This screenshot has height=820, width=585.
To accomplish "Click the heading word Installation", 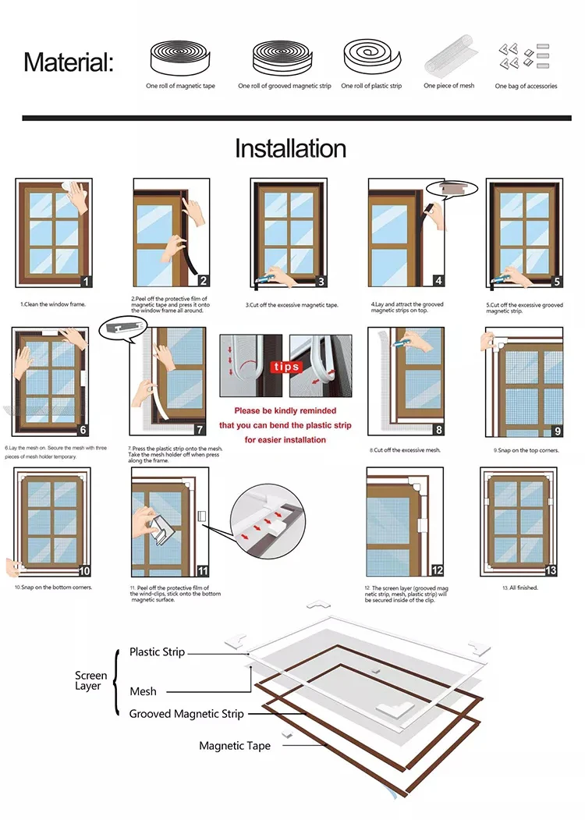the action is (290, 148).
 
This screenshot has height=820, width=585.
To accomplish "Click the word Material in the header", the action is (68, 62).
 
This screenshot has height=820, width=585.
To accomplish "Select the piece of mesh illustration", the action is (449, 55).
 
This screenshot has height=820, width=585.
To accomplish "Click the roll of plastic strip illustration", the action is (371, 56).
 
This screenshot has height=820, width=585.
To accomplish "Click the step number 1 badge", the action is (87, 282).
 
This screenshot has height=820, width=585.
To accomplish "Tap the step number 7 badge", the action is (200, 429).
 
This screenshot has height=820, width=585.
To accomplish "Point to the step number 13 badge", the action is (551, 570).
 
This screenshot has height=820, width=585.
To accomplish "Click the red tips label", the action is (285, 366).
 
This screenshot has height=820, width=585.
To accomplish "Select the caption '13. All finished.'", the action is (520, 587).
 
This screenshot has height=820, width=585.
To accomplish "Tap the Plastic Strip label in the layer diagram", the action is (157, 651).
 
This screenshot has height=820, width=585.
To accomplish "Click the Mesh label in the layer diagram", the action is (143, 691).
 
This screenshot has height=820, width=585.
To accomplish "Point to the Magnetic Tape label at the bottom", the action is (235, 746).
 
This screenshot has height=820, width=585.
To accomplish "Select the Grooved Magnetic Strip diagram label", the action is (186, 713).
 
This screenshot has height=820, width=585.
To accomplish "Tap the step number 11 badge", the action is (203, 571).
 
